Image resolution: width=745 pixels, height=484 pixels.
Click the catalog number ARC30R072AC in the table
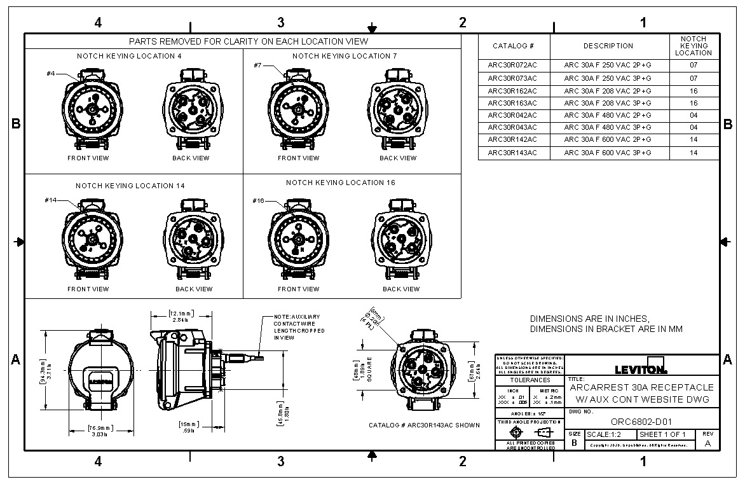[512, 65]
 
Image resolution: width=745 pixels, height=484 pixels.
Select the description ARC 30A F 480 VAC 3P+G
[608, 127]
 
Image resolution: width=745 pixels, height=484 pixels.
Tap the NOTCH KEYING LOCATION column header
[694, 46]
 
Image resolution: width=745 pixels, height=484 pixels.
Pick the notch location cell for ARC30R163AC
[694, 102]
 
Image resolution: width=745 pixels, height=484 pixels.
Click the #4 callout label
[51, 74]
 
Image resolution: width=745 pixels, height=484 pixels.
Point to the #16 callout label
[258, 201]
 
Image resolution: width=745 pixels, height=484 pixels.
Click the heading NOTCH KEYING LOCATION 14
[130, 186]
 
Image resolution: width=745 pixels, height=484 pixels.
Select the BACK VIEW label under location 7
[398, 158]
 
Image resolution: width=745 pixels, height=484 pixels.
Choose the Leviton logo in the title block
[641, 368]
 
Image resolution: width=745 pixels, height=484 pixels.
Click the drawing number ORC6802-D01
[641, 421]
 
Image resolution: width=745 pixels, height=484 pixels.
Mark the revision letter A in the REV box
[707, 443]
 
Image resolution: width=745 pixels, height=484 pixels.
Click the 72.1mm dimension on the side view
[181, 316]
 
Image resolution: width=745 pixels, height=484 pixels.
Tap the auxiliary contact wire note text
[299, 327]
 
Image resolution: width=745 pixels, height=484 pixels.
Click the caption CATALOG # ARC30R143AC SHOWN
[424, 425]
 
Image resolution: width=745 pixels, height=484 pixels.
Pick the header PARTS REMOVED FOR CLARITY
[249, 41]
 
